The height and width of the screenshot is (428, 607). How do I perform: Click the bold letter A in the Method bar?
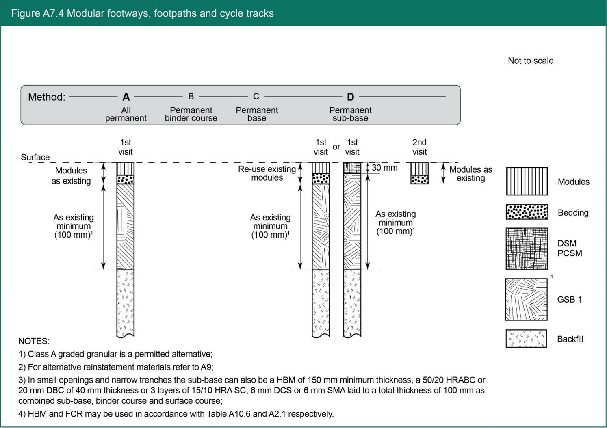[126, 97]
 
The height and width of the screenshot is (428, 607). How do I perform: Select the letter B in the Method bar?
[191, 97]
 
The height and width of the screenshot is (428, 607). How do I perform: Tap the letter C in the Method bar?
[256, 97]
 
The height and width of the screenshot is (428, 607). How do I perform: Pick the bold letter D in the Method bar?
[350, 97]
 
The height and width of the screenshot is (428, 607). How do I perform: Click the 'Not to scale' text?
[530, 61]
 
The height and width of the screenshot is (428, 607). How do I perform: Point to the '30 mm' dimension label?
[384, 168]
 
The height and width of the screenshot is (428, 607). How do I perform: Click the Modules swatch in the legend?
[527, 181]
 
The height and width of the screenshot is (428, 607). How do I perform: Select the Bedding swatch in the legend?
[527, 212]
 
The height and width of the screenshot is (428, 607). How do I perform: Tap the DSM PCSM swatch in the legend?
[527, 249]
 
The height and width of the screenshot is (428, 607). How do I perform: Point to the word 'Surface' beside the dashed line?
[35, 157]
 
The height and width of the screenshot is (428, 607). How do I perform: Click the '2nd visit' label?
[419, 147]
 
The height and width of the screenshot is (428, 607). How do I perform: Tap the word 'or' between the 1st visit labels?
[336, 147]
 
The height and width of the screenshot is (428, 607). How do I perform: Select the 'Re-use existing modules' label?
[267, 173]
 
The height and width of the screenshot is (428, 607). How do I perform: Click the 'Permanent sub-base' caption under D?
[350, 114]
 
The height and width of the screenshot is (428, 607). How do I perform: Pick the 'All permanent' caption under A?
[126, 114]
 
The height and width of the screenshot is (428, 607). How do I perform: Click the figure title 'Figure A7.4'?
[37, 13]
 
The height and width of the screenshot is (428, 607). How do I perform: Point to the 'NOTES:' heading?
[34, 341]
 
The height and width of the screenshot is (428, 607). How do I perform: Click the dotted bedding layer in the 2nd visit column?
[419, 179]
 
